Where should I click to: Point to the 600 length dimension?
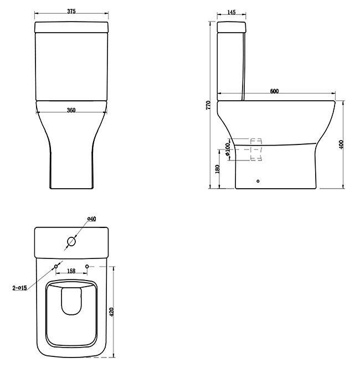tap(274, 91)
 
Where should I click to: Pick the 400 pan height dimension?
tap(342, 144)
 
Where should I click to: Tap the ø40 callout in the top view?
tap(92, 219)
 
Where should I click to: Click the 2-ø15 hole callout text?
tap(20, 288)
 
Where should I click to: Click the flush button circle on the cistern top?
tap(71, 241)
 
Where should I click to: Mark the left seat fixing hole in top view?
tap(55, 267)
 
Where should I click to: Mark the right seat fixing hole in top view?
tap(88, 267)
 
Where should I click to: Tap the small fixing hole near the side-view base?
tap(258, 180)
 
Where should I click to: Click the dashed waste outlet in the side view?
tap(255, 149)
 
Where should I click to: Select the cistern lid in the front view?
tap(71, 27)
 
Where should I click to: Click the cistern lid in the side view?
tap(231, 27)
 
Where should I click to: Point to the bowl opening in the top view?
tap(71, 313)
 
